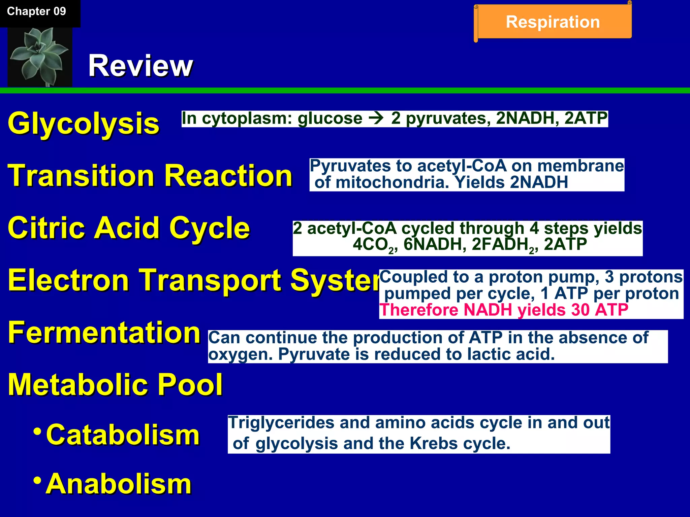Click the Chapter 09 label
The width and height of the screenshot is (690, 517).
click(x=36, y=11)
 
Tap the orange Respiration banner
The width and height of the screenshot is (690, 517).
click(x=553, y=22)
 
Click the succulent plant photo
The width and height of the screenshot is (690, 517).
click(x=40, y=57)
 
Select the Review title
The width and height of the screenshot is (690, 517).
click(x=140, y=66)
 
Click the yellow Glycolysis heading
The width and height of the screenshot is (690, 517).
click(x=83, y=124)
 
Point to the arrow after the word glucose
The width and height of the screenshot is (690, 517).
click(x=376, y=118)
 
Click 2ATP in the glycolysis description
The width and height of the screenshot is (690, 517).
click(x=586, y=118)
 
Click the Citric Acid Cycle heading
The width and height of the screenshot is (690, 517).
click(x=129, y=228)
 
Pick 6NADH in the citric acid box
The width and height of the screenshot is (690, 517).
click(x=435, y=244)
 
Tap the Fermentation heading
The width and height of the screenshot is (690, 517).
click(x=104, y=333)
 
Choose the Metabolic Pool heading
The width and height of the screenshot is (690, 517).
click(x=115, y=384)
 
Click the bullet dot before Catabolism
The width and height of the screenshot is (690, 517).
click(x=38, y=431)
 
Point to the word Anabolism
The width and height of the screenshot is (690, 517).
click(x=119, y=484)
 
